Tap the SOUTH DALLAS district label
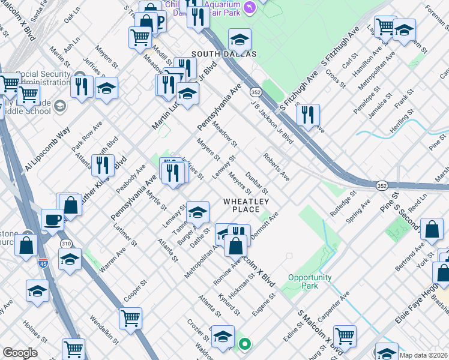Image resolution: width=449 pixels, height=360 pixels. pos(224,54)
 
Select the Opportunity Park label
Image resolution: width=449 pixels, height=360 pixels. pos(310,281)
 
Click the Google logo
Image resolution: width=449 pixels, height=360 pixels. pos(20,353)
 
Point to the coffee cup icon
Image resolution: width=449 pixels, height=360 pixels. pos(52,220)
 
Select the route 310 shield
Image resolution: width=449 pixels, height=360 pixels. pos(66,244)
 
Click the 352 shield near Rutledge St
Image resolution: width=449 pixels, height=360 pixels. pos(382,187)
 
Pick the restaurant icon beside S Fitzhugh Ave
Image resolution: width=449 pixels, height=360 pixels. pos(307,115)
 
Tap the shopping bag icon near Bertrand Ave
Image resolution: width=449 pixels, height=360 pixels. pos(432,230)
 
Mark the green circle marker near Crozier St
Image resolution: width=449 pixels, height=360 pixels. pos(244,344)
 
